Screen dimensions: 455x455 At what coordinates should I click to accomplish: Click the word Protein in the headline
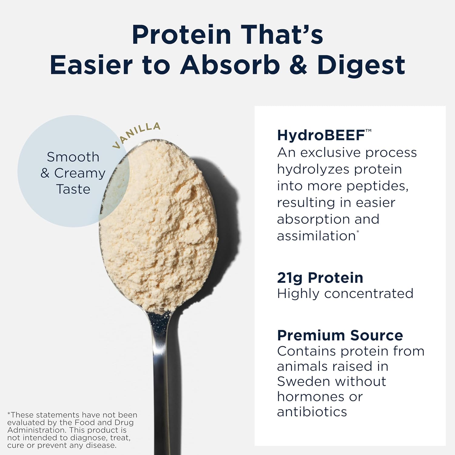[x=182, y=35]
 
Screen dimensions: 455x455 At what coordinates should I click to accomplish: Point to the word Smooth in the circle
[x=73, y=157]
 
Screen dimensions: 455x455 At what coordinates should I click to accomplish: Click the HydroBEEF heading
[x=324, y=135]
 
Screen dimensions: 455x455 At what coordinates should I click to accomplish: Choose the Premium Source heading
[x=340, y=335]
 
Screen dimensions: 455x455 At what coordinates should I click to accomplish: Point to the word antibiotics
[x=312, y=412]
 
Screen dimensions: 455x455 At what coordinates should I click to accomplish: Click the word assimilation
[x=316, y=236]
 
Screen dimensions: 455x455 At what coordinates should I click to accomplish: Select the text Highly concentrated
[x=345, y=294]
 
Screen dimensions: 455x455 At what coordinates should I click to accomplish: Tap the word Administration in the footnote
[x=36, y=430]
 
